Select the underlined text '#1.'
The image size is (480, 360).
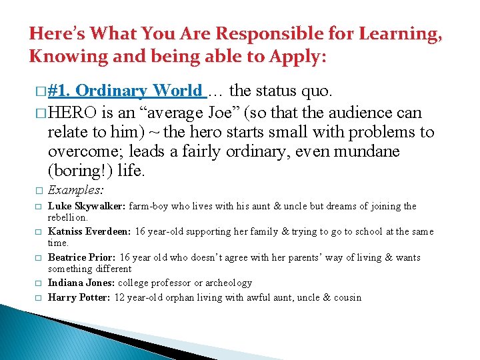pyautogui.click(x=60, y=91)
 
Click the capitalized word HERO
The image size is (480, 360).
pyautogui.click(x=73, y=111)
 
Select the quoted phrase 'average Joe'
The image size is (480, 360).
pyautogui.click(x=193, y=111)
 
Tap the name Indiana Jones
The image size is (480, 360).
pyautogui.click(x=81, y=283)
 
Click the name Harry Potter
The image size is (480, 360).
pyautogui.click(x=78, y=297)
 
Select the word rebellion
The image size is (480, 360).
pyautogui.click(x=66, y=217)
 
